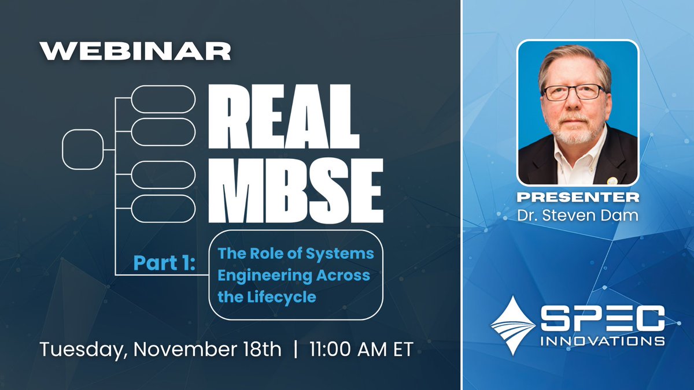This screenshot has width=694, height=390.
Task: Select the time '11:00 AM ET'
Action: click(x=361, y=350)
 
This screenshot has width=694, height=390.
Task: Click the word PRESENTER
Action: click(x=578, y=198)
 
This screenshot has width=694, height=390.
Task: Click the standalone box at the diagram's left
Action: click(x=82, y=150)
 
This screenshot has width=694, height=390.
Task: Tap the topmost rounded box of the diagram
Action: click(x=163, y=99)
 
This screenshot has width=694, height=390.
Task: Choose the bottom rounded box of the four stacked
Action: click(x=163, y=209)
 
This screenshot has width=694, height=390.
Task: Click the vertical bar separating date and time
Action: click(x=296, y=350)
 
